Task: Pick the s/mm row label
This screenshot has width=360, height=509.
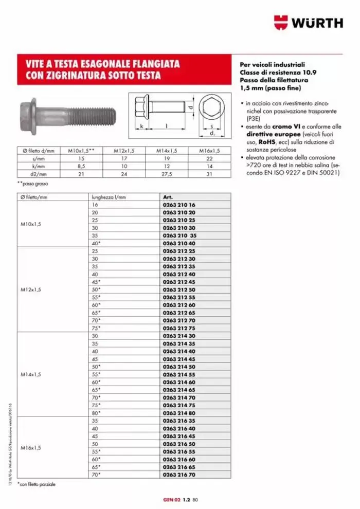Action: [39, 158]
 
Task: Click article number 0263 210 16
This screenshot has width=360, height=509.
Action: [179, 205]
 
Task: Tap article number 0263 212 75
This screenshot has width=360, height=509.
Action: [179, 328]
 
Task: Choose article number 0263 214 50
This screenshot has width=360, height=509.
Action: [179, 367]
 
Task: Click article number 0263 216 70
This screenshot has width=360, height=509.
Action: [179, 475]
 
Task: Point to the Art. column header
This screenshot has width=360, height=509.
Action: [168, 197]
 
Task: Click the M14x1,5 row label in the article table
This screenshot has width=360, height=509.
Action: [31, 374]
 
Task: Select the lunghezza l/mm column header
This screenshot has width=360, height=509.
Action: [109, 197]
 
